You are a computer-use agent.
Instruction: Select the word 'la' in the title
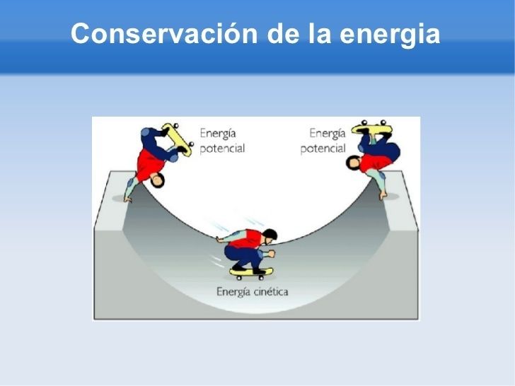(319, 33)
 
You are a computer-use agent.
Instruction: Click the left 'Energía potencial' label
(222, 141)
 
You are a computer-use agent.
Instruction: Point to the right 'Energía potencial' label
(323, 141)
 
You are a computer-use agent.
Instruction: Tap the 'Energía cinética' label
(253, 292)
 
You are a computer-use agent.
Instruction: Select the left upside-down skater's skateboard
(177, 139)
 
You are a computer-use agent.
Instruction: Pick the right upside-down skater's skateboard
(372, 128)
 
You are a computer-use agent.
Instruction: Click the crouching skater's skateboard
(251, 273)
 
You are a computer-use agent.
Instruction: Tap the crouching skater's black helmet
(270, 234)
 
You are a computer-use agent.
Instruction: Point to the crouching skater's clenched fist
(272, 253)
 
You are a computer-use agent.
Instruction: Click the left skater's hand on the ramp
(127, 199)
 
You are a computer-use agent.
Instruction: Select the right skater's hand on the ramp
(383, 196)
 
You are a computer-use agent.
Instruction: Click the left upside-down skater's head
(158, 180)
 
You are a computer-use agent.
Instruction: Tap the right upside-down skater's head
(354, 163)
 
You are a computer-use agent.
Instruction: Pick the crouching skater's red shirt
(245, 239)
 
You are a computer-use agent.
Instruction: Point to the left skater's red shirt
(149, 164)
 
